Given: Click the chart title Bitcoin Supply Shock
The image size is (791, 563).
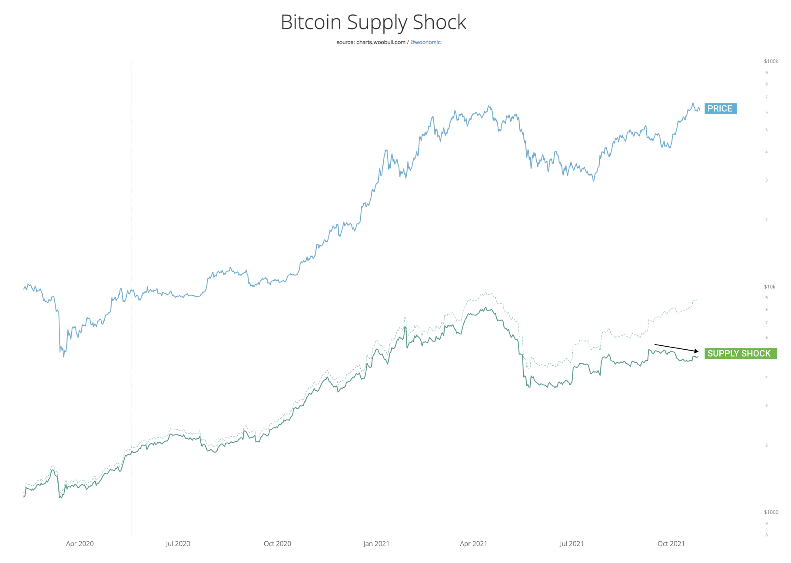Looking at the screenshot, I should click(x=373, y=22).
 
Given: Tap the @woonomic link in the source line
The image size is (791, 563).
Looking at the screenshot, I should click(x=425, y=42).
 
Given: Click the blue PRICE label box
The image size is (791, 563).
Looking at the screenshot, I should click(x=720, y=109).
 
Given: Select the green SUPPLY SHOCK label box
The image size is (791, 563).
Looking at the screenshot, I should click(x=740, y=354).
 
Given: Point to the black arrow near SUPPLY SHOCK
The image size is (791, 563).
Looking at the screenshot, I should click(x=676, y=348).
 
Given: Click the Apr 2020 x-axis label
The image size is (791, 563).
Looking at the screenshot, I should click(x=80, y=543).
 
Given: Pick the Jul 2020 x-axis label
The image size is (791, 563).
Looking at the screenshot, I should click(x=178, y=543).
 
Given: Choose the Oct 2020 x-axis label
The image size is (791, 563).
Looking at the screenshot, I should click(x=277, y=543).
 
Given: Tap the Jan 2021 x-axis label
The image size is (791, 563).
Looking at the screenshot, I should click(x=376, y=543).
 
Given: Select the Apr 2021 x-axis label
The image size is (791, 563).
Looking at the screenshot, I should click(x=473, y=543).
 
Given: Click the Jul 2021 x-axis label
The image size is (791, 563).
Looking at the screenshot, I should click(x=572, y=543).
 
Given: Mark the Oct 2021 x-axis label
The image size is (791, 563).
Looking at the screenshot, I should click(x=671, y=543).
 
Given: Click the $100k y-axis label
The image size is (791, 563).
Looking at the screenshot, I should click(x=771, y=61).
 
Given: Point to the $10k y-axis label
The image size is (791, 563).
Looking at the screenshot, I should click(x=770, y=287).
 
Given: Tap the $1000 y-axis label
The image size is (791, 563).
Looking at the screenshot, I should click(x=771, y=512).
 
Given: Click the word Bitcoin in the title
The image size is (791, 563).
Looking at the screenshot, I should click(x=311, y=22).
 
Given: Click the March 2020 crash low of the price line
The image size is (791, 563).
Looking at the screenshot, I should click(x=64, y=356).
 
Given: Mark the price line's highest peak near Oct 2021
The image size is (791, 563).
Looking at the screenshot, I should click(x=693, y=103).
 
